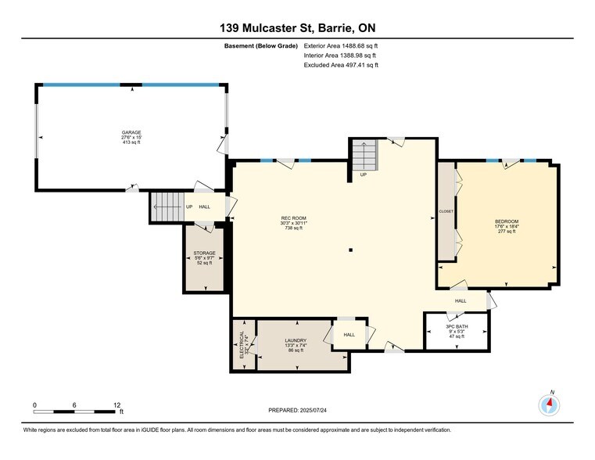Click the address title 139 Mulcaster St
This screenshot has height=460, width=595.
tap(297, 29)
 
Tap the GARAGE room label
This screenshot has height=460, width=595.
tap(131, 132)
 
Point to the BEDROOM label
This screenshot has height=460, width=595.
tap(507, 221)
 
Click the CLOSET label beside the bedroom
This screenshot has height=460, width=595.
tap(446, 211)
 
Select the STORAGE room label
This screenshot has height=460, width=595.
tap(204, 253)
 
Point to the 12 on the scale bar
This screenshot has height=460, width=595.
tap(117, 404)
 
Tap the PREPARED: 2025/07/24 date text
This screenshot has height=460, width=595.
tap(297, 410)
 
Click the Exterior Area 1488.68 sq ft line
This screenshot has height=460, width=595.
tap(340, 46)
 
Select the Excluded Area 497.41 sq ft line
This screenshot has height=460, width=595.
tap(340, 66)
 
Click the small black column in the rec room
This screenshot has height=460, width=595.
tap(351, 250)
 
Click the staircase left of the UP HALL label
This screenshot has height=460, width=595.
tap(166, 207)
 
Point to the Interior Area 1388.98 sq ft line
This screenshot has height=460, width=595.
tap(340, 56)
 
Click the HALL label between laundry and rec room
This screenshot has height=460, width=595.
tap(349, 335)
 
